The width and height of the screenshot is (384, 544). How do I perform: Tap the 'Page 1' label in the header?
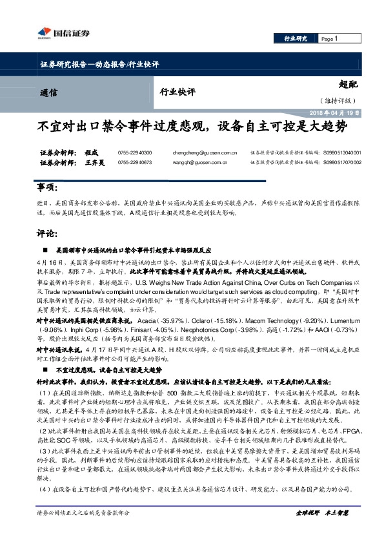329,39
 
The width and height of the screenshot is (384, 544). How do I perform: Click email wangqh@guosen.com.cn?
197,163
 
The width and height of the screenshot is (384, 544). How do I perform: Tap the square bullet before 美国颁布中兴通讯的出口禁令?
43,249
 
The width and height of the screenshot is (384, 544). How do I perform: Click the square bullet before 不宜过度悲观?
43,371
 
